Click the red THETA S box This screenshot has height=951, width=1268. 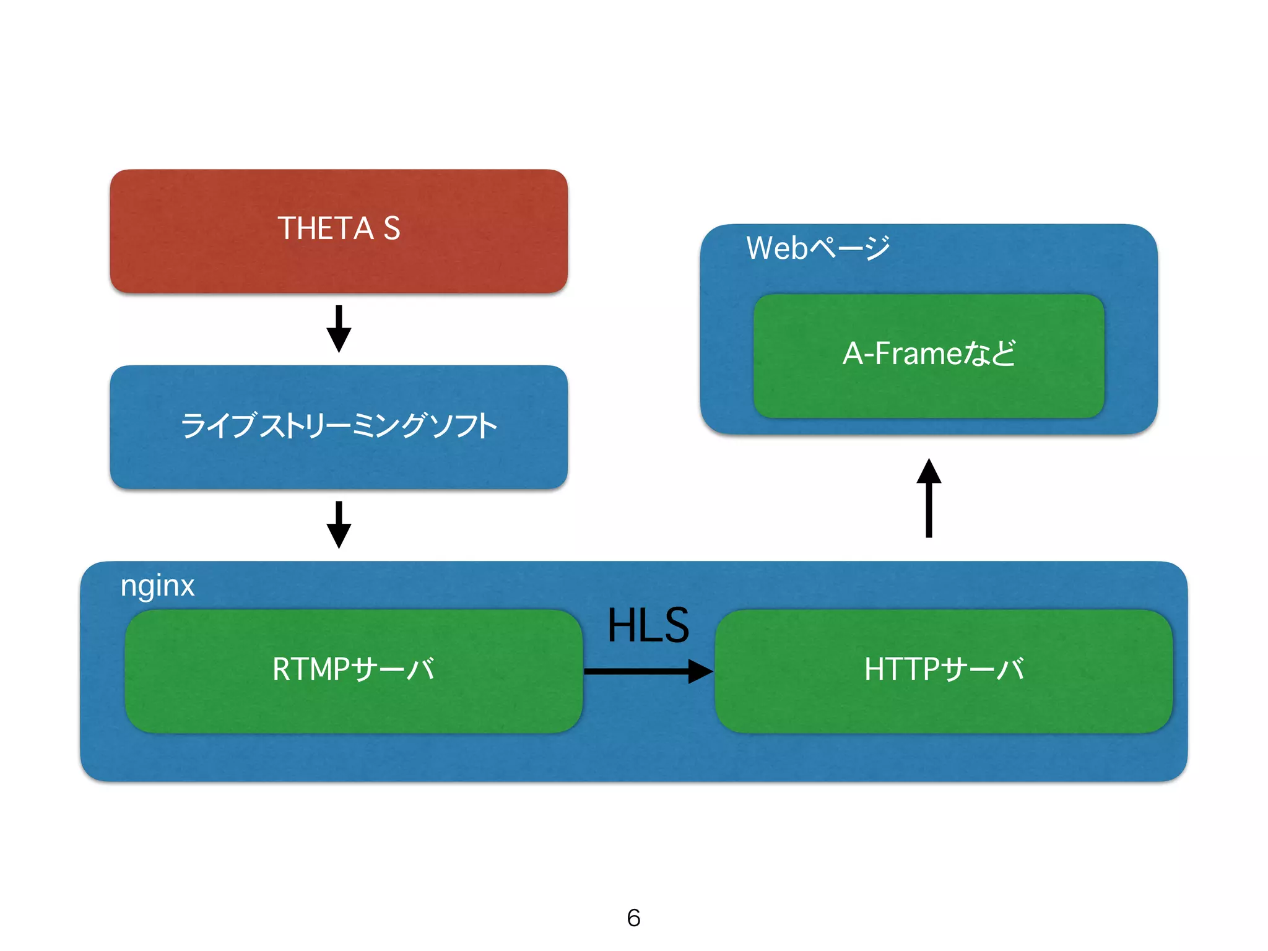click(x=338, y=260)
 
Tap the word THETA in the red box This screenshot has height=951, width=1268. click(x=325, y=228)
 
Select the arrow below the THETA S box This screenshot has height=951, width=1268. click(x=339, y=329)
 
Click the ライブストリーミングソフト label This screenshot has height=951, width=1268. click(x=339, y=427)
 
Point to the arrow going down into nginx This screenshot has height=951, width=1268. click(x=339, y=524)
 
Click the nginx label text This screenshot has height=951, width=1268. click(x=157, y=586)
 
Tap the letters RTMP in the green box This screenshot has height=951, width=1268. click(x=311, y=669)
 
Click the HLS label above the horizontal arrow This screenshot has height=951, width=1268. click(x=648, y=625)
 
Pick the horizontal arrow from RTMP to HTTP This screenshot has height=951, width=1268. click(x=648, y=671)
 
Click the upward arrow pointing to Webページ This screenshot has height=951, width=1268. click(x=929, y=498)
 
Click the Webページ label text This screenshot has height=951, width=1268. click(x=817, y=248)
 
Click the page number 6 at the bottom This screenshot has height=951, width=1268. click(x=633, y=918)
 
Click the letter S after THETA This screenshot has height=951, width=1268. click(x=391, y=228)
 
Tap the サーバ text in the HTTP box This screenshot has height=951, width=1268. click(x=983, y=669)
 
